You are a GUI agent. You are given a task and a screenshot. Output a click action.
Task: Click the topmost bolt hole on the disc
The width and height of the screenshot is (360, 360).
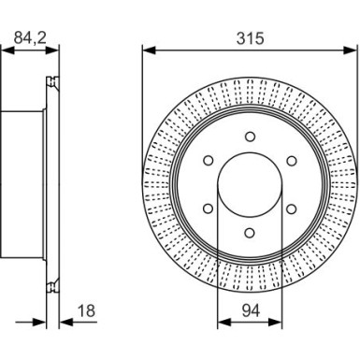click(250, 137)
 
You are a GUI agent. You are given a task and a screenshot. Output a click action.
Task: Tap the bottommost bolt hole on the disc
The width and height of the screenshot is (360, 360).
click(250, 232)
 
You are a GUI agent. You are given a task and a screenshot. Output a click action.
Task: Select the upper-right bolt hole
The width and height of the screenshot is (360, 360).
click(291, 161)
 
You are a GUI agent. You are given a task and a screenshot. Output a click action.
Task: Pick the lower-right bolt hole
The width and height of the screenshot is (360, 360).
click(291, 209)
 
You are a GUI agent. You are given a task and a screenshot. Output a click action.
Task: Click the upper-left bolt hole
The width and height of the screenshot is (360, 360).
click(209, 161)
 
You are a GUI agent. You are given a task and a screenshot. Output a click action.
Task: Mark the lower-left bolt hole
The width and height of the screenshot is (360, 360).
click(209, 209)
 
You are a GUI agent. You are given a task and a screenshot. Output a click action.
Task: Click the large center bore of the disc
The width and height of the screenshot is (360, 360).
click(250, 184)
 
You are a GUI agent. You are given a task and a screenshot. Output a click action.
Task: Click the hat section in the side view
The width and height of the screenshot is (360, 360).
click(23, 184)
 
